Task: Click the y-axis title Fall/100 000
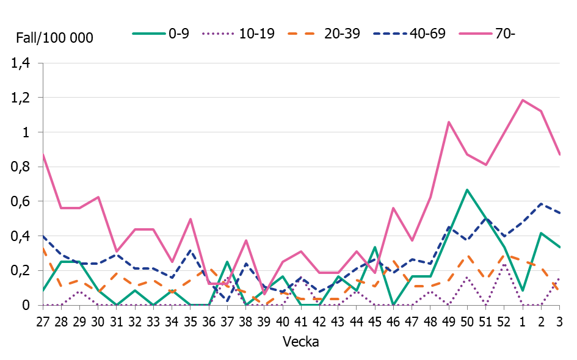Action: point(54,38)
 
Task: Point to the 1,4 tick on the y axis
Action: point(21,63)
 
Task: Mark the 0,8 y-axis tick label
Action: point(21,167)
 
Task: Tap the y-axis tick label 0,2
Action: point(21,270)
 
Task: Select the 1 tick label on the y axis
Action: point(25,132)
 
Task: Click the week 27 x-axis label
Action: point(43,320)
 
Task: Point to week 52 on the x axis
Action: point(504,320)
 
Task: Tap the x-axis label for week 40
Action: point(283,320)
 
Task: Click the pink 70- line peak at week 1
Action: point(523,100)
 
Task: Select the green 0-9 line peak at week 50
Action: point(467,190)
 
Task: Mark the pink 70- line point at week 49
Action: point(449,122)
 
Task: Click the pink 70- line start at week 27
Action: point(43,154)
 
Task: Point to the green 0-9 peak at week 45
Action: point(375,247)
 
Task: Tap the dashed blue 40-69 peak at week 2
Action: point(541,204)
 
